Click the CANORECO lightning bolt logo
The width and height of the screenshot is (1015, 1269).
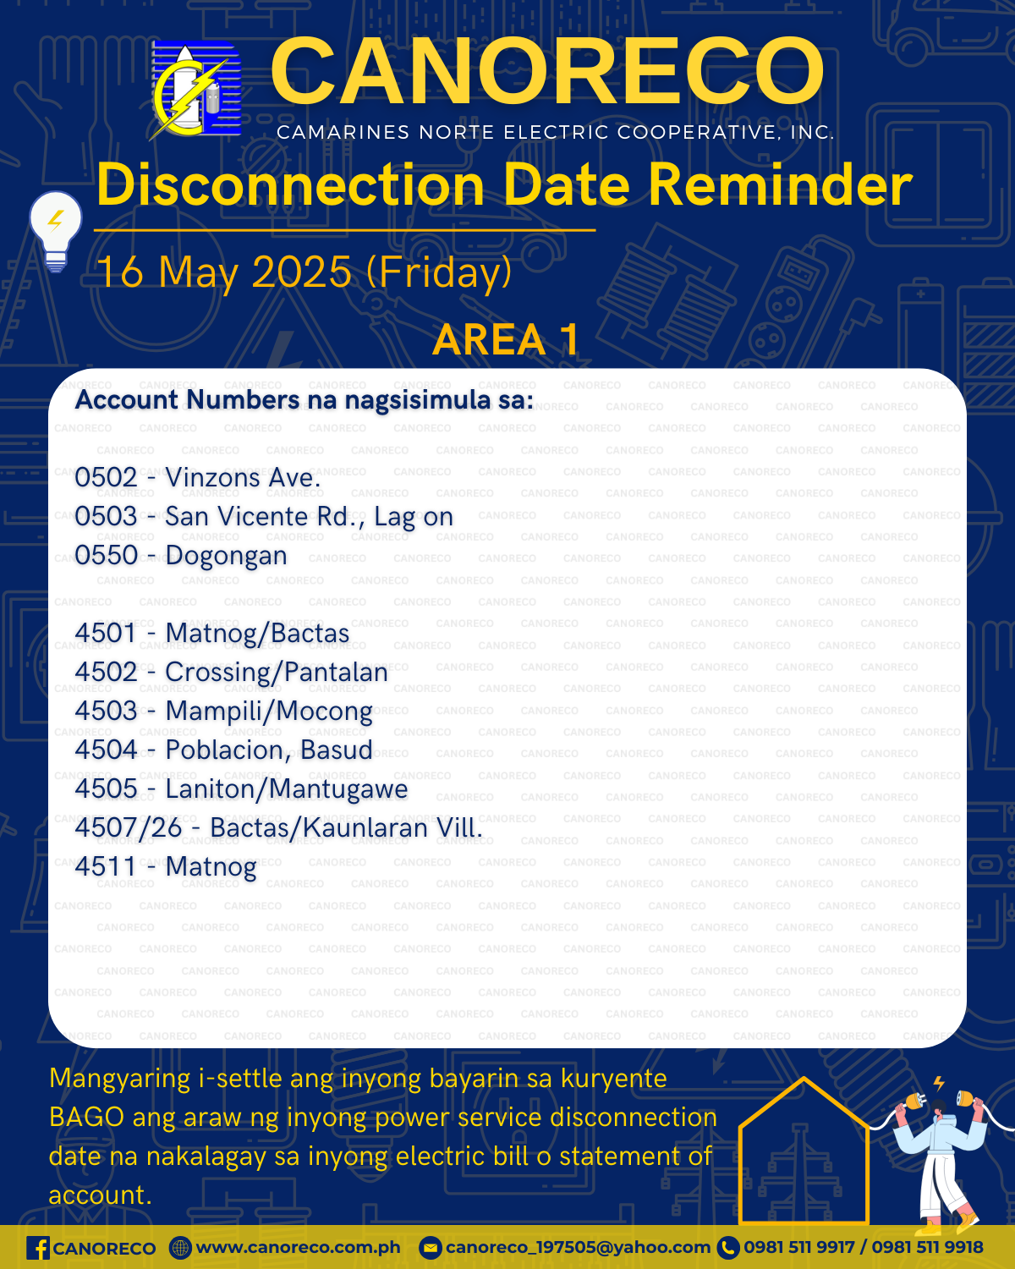(x=195, y=90)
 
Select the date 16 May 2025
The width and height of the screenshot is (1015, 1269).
(x=224, y=272)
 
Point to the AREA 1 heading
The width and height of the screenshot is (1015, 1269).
(x=507, y=339)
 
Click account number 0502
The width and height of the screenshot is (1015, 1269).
(x=107, y=477)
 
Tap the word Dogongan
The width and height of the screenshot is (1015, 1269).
(x=227, y=556)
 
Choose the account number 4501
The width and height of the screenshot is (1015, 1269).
(x=107, y=633)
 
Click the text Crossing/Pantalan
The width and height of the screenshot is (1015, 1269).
(x=277, y=673)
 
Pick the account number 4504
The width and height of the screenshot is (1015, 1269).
(x=107, y=750)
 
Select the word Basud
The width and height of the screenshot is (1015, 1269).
(x=336, y=750)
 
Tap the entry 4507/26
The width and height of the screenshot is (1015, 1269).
(x=129, y=827)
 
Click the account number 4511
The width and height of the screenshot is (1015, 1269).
(x=107, y=866)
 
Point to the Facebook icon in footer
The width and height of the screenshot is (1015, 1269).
(x=38, y=1249)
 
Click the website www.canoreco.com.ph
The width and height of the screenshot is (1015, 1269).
(x=298, y=1248)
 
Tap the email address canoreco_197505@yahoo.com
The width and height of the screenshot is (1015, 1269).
(x=578, y=1248)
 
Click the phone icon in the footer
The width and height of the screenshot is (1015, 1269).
(x=728, y=1249)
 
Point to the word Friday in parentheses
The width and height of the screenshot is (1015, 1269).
(x=439, y=273)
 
